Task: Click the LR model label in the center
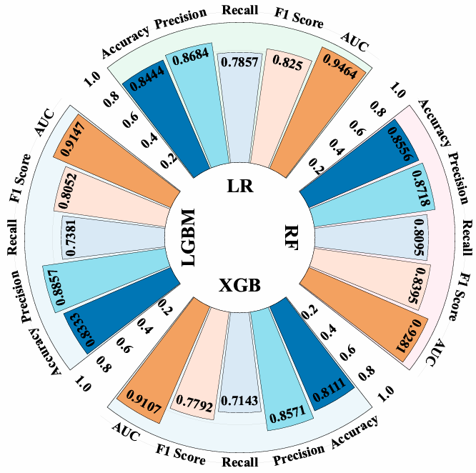[237, 186]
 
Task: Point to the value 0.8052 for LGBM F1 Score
[62, 191]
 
